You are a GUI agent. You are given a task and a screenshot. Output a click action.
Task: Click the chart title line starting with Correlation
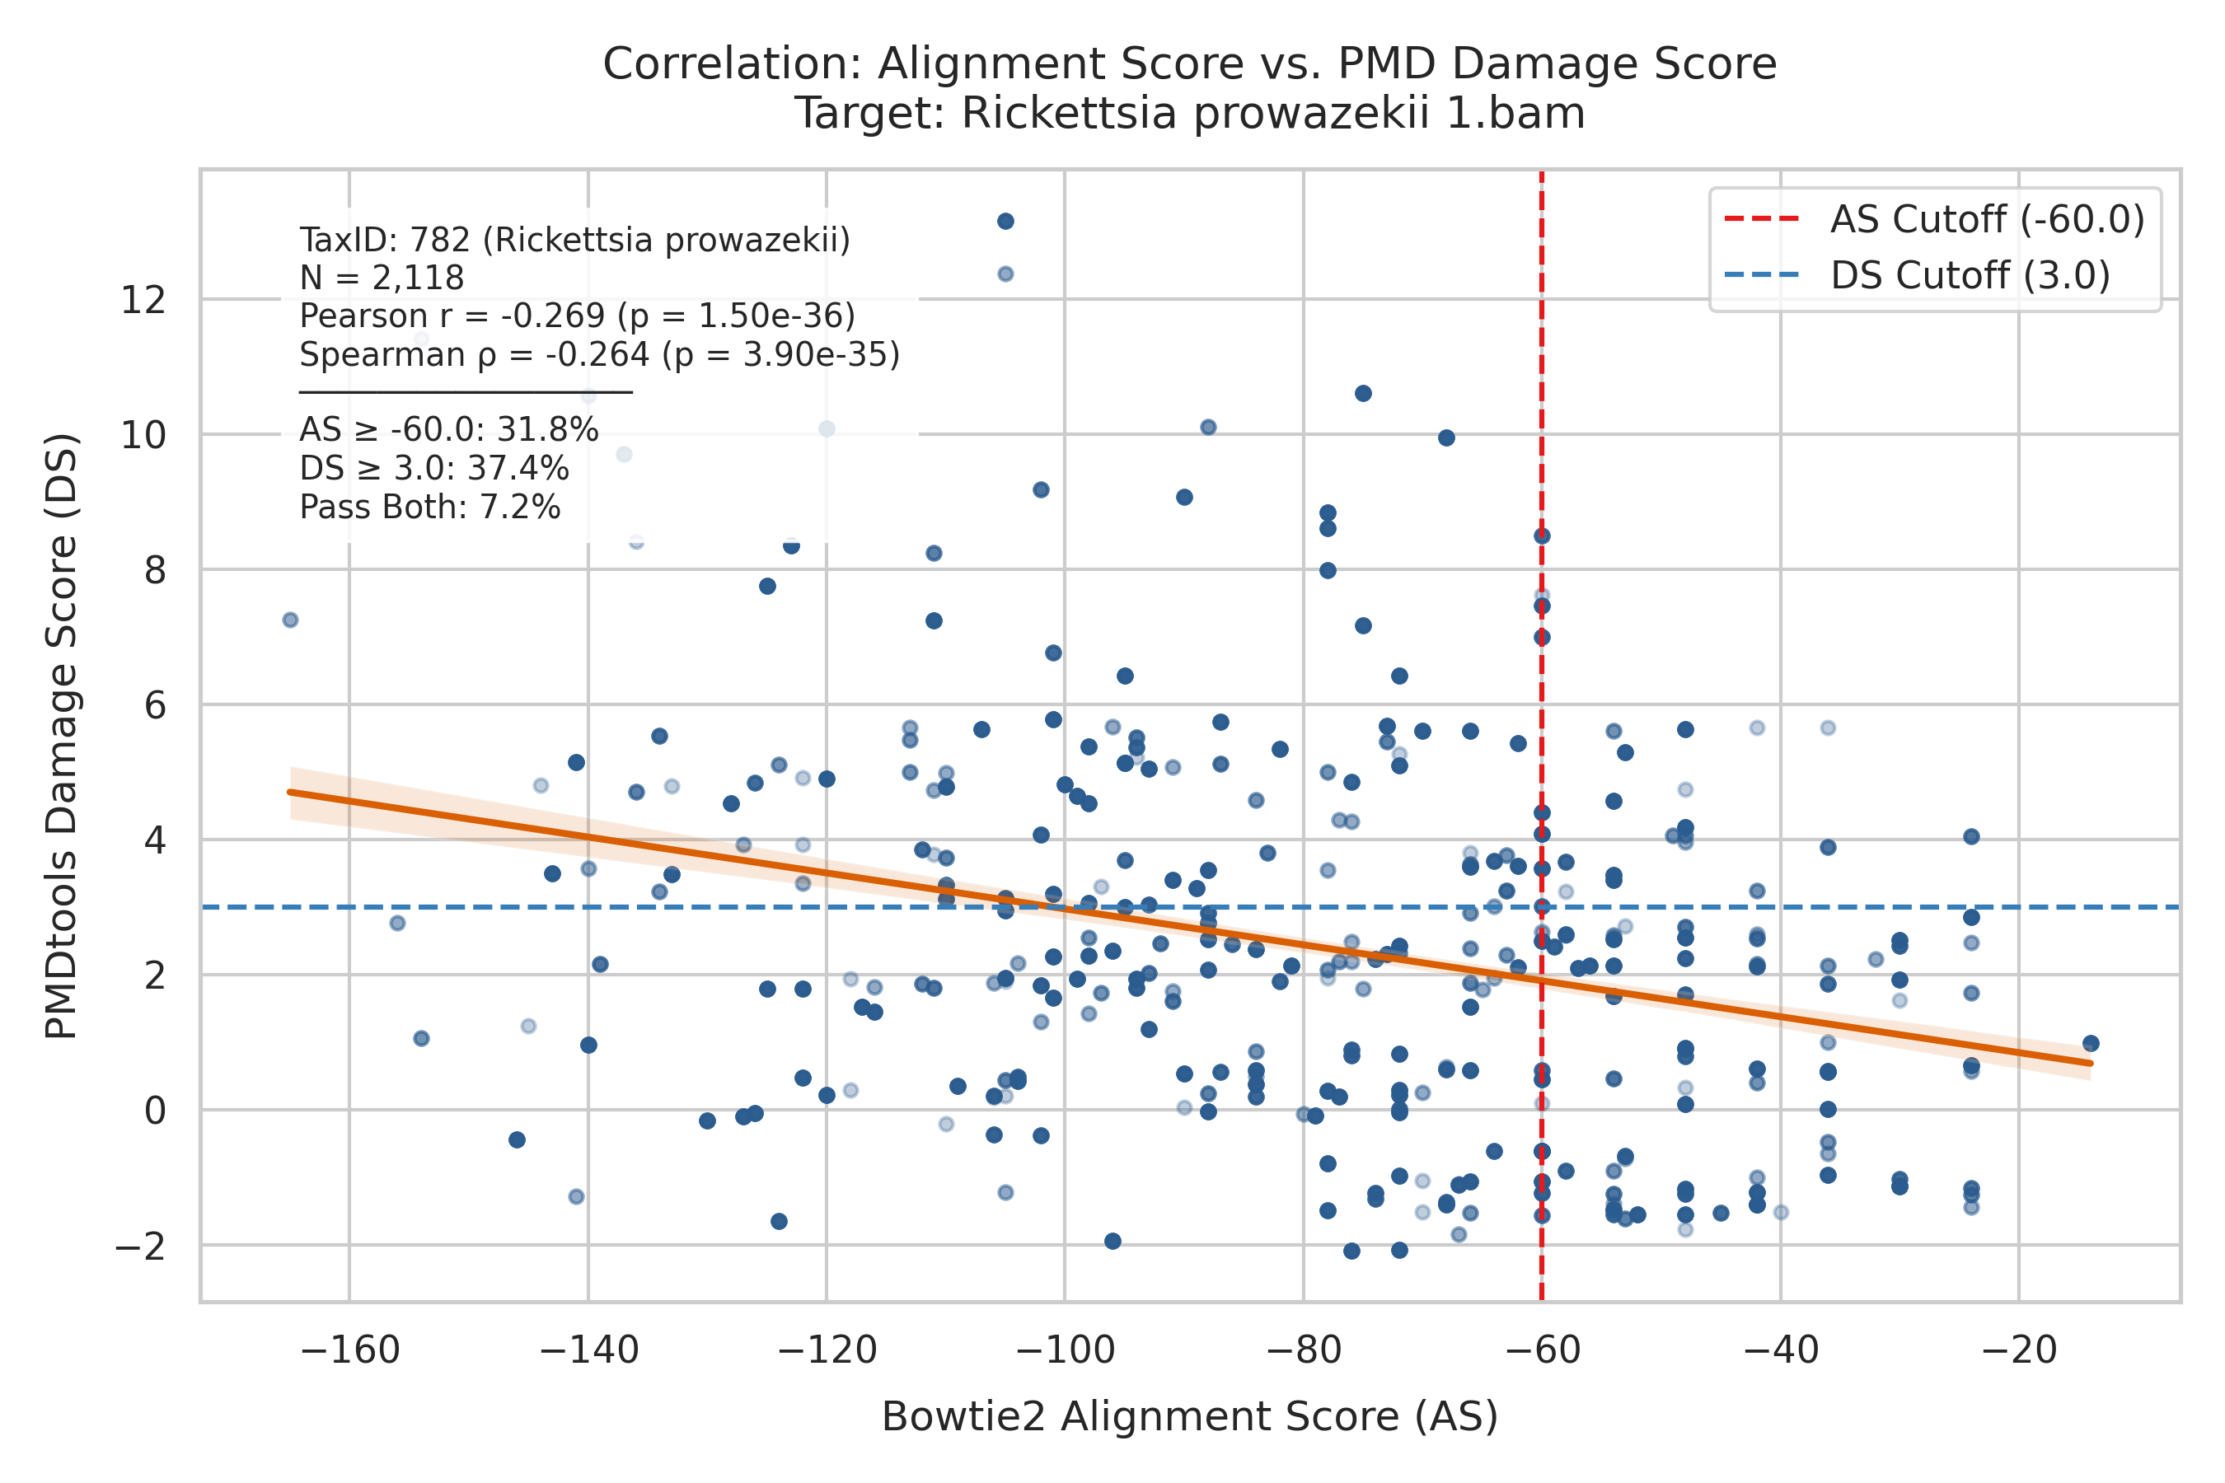(x=1189, y=64)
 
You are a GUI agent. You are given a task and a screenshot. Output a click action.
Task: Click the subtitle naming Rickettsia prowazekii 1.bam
(x=1189, y=114)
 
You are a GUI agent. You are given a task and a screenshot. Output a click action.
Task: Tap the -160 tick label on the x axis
(x=349, y=1350)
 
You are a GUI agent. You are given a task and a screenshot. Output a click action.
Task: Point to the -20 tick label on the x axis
(x=2019, y=1350)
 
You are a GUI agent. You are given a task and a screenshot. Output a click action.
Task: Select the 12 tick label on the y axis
(x=143, y=301)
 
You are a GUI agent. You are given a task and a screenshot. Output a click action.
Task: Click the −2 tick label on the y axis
(x=140, y=1247)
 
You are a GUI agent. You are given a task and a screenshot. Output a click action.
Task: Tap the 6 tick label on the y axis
(x=155, y=705)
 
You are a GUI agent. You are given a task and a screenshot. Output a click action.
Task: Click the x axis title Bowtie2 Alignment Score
(x=1189, y=1417)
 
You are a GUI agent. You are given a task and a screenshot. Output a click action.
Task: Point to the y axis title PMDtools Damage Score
(x=62, y=736)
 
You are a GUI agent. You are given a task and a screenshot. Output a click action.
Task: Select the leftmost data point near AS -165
(x=290, y=620)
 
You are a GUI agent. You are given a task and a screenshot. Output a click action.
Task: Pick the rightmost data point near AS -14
(x=2091, y=1044)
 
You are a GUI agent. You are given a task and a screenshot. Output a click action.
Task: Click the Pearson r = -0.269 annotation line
(x=577, y=316)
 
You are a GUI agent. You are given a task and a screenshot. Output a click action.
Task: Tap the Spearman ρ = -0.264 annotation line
(x=600, y=354)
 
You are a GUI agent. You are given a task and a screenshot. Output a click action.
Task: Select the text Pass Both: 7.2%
(x=430, y=508)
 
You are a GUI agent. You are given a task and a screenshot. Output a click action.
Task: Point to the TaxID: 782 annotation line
(x=575, y=241)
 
